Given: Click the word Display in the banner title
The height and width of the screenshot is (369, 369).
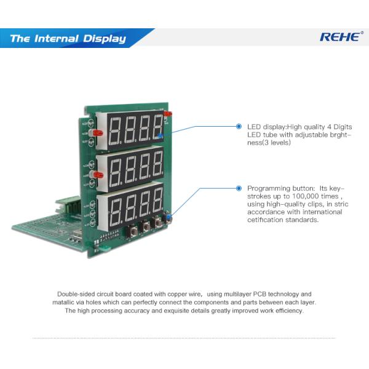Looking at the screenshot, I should pos(103,39).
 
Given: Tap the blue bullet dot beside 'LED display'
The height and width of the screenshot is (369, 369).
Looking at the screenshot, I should pos(239,126).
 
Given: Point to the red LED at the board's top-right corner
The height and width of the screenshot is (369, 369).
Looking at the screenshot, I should pos(167,114).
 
